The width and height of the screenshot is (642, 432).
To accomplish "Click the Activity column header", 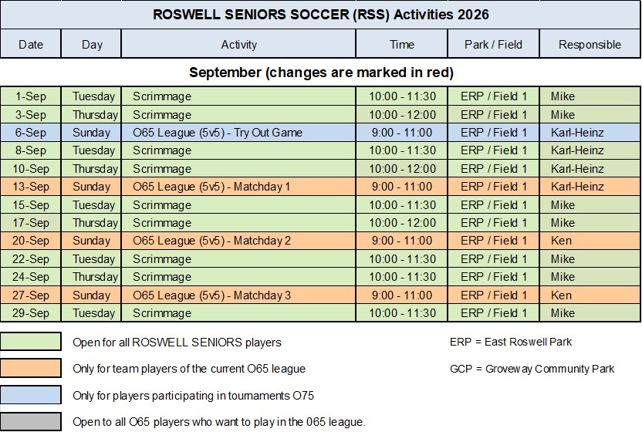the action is pos(238,44).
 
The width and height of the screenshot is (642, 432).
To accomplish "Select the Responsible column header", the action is pos(590,44).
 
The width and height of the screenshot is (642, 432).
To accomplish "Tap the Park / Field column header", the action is pos(493,44).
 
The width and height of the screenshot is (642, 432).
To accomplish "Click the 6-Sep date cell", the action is pos(31,133).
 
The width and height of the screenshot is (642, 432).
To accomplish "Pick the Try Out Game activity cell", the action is pos(238,133).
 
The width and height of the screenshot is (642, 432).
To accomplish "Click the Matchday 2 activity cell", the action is pos(238,241).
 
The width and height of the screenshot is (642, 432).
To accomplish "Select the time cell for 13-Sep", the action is pos(402,187).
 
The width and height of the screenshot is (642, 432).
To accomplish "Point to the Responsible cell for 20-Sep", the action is pos(590,241).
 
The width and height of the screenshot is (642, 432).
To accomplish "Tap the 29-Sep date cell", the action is pos(31,313).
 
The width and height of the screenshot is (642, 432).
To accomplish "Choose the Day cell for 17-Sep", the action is pos(91,223).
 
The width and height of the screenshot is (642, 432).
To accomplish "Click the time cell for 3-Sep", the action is pos(402,115).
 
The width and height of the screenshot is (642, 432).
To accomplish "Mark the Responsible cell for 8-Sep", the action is pos(590,150).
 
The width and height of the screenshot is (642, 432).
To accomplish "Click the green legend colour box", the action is pos(31,342).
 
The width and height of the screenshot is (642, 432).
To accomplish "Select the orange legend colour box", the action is pos(31,368).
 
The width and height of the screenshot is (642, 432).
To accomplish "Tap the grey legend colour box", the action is pos(31,422).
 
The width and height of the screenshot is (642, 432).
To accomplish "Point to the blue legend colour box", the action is pos(31,395).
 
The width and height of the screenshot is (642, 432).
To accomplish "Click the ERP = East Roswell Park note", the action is pos(511,342).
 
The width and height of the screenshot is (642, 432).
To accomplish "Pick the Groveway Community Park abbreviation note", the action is pos(532,369).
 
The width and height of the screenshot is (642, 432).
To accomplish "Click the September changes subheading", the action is pos(322,73).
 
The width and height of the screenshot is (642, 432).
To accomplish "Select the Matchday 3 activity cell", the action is pos(238,295).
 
